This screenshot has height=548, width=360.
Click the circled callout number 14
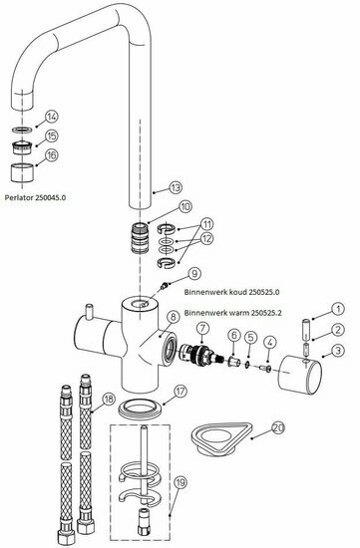click(x=52, y=117)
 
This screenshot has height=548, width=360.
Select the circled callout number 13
click(x=176, y=187)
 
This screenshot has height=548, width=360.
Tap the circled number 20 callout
click(x=278, y=428)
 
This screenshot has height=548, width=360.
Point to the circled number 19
click(x=180, y=483)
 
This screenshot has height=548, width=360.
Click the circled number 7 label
click(x=203, y=329)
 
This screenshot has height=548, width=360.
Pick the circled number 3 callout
click(x=338, y=350)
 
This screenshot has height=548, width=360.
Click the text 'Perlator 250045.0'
click(x=35, y=197)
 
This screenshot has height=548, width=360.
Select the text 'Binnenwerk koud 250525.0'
click(x=232, y=292)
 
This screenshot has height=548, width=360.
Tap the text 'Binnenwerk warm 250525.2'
click(x=233, y=313)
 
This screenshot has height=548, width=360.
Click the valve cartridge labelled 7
click(x=201, y=353)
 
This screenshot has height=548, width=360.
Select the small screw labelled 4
click(x=265, y=368)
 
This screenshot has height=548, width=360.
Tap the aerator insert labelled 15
click(x=22, y=147)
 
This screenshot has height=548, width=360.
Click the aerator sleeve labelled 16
click(x=23, y=172)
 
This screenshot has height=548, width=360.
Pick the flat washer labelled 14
click(x=22, y=130)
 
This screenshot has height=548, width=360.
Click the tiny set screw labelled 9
click(x=163, y=287)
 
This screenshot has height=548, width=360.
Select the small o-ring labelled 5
click(x=247, y=366)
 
